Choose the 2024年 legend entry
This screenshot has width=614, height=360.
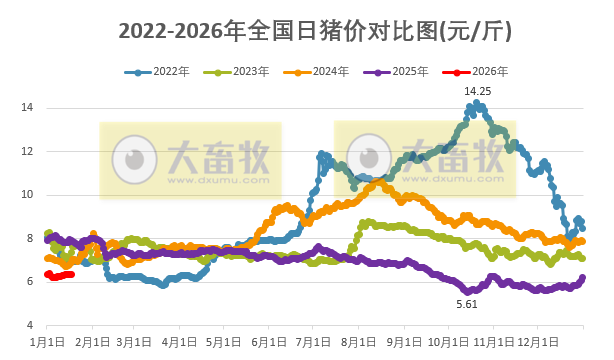320,72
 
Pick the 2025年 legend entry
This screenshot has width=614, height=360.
400,72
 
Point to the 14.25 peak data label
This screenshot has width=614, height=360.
476,91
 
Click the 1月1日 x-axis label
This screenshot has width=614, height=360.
49,341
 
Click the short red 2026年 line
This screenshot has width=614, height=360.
59,275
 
